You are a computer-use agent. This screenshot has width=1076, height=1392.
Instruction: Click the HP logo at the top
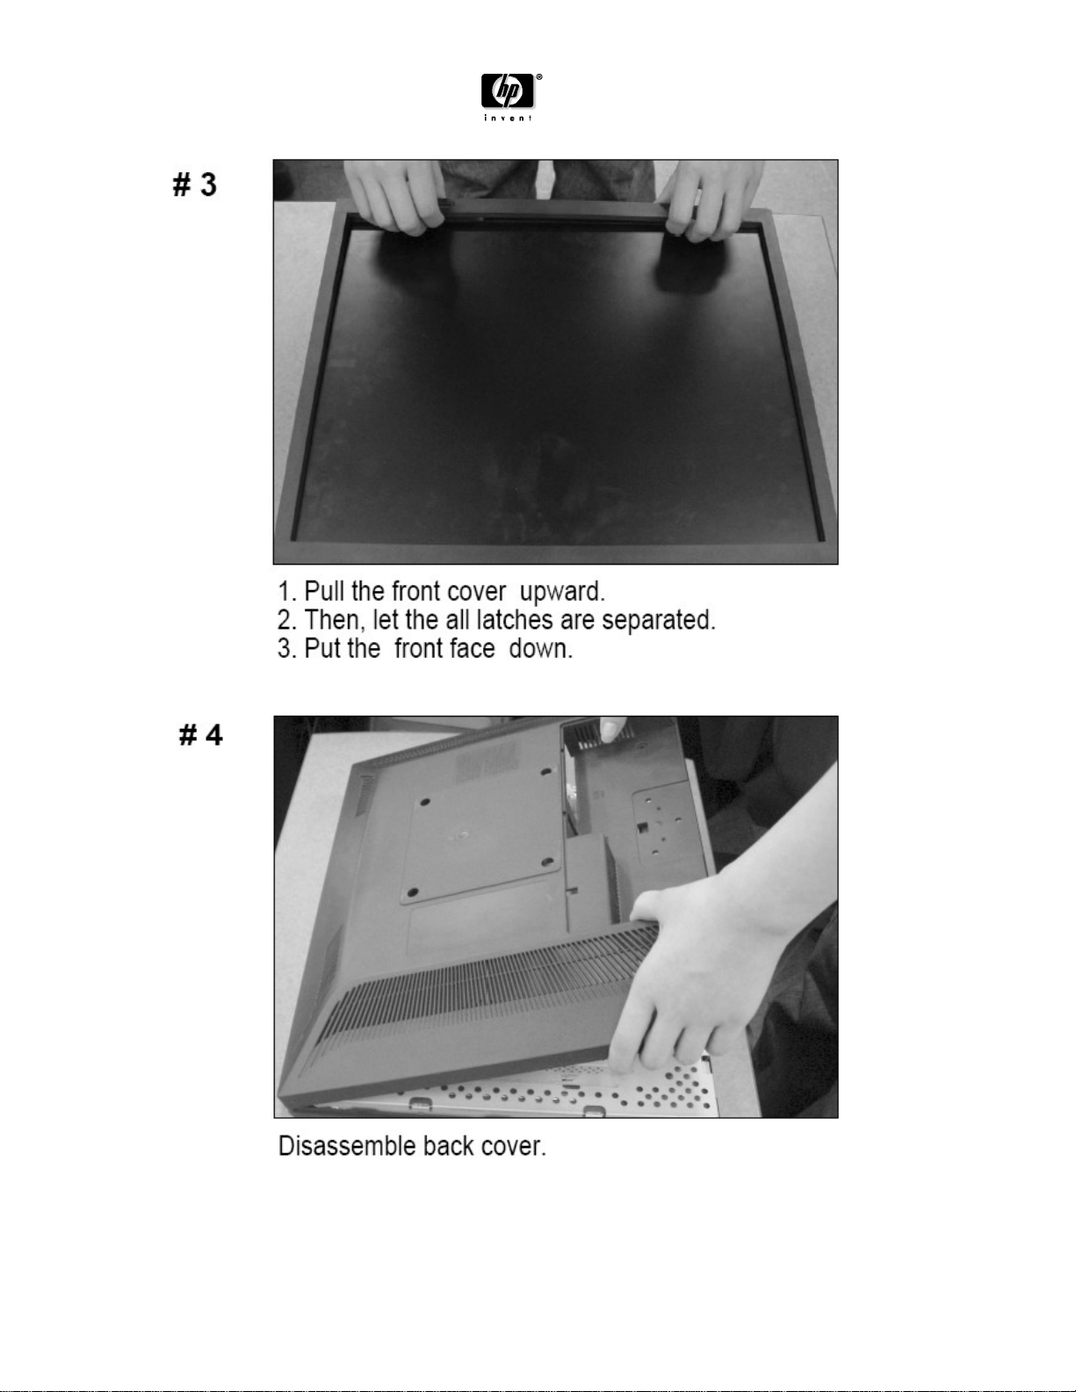point(508,91)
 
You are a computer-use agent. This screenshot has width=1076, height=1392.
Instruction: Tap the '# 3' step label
point(195,184)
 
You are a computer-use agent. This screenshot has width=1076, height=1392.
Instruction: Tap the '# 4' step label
point(200,735)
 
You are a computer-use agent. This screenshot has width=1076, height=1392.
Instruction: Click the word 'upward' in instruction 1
point(561,591)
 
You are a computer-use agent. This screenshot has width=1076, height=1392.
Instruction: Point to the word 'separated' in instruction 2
point(658,620)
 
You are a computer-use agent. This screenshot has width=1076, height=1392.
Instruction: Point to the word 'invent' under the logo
point(508,118)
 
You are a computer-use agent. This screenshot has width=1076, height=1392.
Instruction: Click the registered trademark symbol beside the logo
point(538,77)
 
